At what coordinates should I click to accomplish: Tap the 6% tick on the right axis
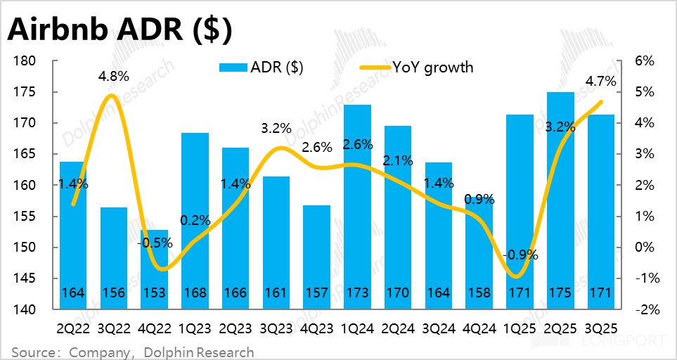pos(645,61)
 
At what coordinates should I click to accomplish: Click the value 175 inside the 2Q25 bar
pos(560,292)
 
